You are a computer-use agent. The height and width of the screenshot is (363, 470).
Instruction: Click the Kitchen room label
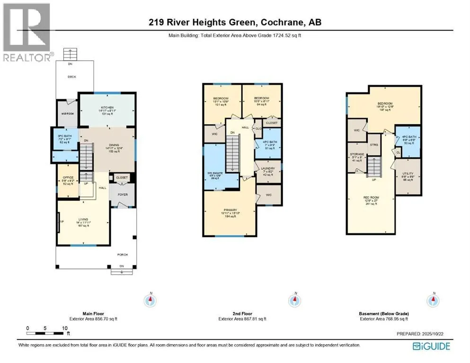coord(106,108)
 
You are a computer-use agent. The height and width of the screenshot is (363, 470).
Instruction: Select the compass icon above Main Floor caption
coord(151,300)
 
